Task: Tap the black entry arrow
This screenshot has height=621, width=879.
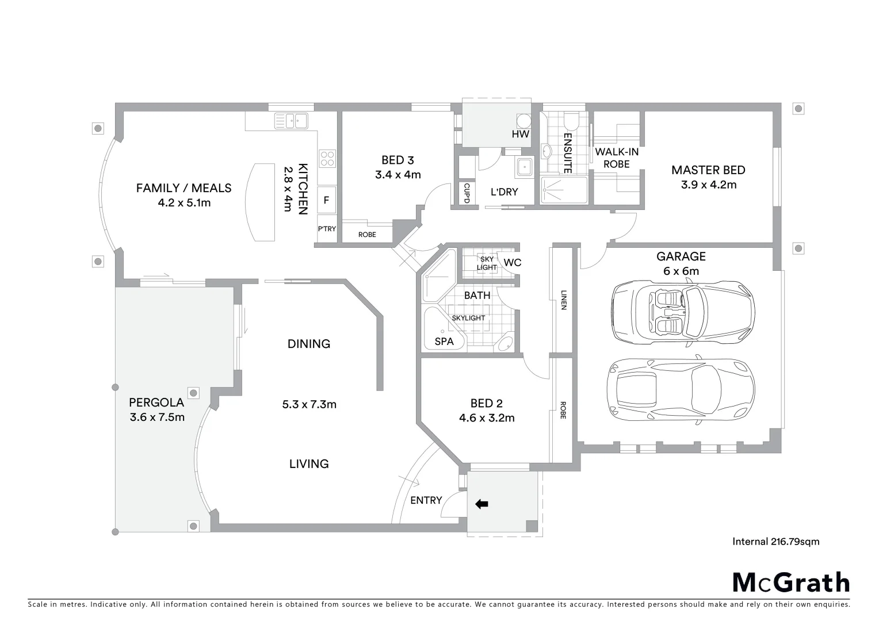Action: pos(481,504)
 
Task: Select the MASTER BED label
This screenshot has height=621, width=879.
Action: pos(708,170)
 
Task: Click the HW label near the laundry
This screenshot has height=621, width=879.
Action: pos(520,134)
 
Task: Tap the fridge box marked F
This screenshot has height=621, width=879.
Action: pos(327,200)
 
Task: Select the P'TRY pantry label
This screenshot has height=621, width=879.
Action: pos(327,229)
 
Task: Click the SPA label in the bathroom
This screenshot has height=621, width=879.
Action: pos(444,342)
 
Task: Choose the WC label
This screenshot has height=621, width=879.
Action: pos(512,263)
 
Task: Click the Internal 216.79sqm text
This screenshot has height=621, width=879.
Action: pos(775,541)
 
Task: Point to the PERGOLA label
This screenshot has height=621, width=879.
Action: pos(156,402)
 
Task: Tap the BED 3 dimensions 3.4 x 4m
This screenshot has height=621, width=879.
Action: pos(398,174)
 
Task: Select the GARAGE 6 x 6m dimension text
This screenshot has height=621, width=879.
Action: pos(681,271)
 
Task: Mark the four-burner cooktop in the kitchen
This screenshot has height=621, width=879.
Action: pos(327,158)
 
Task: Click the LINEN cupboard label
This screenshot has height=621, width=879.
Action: pos(563,299)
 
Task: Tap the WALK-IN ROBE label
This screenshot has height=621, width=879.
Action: pos(617,158)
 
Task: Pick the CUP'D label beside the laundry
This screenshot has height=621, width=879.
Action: pos(467,193)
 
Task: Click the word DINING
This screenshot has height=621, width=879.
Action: pos(309,344)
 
